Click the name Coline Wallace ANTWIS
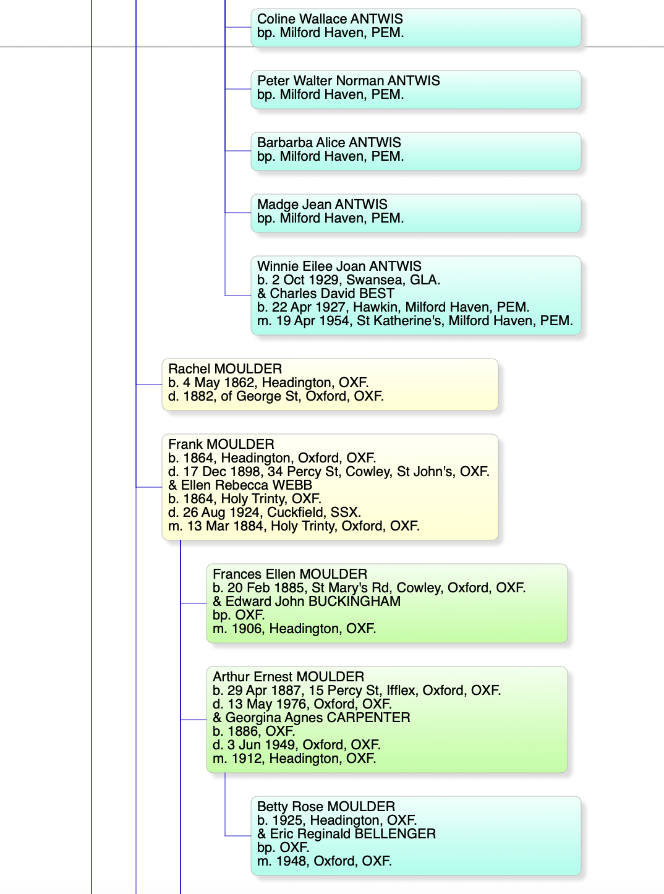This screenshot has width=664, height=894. pyautogui.click(x=330, y=19)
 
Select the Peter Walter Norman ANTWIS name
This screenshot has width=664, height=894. pyautogui.click(x=348, y=80)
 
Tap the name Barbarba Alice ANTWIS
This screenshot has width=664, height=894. pyautogui.click(x=329, y=142)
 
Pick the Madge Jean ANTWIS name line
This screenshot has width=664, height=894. pyautogui.click(x=322, y=205)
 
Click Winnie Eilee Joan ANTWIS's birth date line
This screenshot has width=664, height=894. pyautogui.click(x=348, y=279)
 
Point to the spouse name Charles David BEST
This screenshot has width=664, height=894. pyautogui.click(x=326, y=294)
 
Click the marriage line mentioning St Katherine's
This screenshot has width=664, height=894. pyautogui.click(x=415, y=321)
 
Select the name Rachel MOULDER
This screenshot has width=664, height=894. pyautogui.click(x=225, y=369)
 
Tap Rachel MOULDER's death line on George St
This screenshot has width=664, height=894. pyautogui.click(x=276, y=396)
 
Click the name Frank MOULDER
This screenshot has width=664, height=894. pyautogui.click(x=221, y=444)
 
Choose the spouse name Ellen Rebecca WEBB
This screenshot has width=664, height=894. pyautogui.click(x=240, y=485)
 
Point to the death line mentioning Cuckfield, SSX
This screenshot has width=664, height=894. pyautogui.click(x=265, y=513)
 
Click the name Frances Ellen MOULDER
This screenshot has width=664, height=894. pyautogui.click(x=290, y=574)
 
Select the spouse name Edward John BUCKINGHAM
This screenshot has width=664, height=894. pyautogui.click(x=307, y=602)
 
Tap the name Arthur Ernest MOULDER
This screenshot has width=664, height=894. pyautogui.click(x=288, y=676)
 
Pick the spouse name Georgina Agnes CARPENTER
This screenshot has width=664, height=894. pyautogui.click(x=311, y=717)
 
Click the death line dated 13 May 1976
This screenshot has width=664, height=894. pyautogui.click(x=302, y=704)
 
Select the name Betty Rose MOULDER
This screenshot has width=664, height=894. pyautogui.click(x=326, y=807)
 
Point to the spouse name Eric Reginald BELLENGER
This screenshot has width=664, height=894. pyautogui.click(x=346, y=833)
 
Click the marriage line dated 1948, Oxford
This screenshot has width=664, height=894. pyautogui.click(x=324, y=861)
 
